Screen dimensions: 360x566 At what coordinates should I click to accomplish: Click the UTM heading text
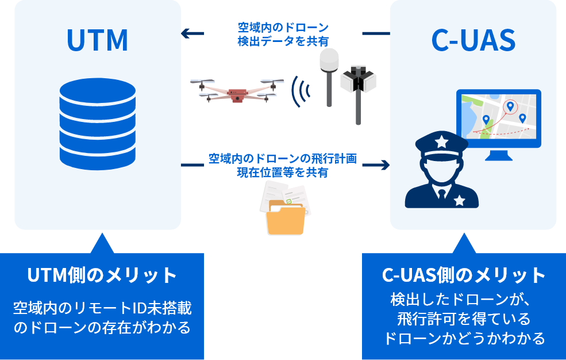pos(97,40)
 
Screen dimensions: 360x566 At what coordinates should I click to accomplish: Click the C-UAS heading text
pos(473,40)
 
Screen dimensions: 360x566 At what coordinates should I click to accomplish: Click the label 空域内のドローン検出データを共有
pos(283,34)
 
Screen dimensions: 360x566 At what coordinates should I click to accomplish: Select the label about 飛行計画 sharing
pos(283,165)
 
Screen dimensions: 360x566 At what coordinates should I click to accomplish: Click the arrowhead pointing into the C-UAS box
pos(384,166)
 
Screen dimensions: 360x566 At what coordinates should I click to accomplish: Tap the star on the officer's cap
pos(440,140)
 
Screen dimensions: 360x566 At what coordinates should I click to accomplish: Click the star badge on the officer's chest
pos(459,200)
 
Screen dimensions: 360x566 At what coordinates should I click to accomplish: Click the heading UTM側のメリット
pos(102,275)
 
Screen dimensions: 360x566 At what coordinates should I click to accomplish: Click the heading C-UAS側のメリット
pos(464,275)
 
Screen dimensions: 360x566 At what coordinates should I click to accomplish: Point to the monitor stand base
pos(498,157)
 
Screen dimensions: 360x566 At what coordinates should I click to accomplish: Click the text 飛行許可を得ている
pos(464,318)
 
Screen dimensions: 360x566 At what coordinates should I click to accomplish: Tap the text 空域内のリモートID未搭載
pos(102,309)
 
